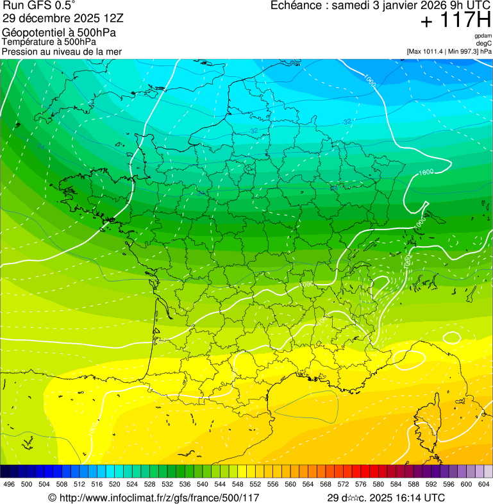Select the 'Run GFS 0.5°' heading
tap(38, 6)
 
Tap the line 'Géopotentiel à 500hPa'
tap(59, 33)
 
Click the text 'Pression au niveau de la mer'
tap(62, 51)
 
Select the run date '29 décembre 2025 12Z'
tap(67, 18)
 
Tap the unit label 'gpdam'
tap(483, 36)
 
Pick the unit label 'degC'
tap(484, 44)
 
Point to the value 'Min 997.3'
tap(464, 51)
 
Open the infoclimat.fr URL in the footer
tap(159, 498)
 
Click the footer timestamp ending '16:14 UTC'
tap(386, 498)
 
